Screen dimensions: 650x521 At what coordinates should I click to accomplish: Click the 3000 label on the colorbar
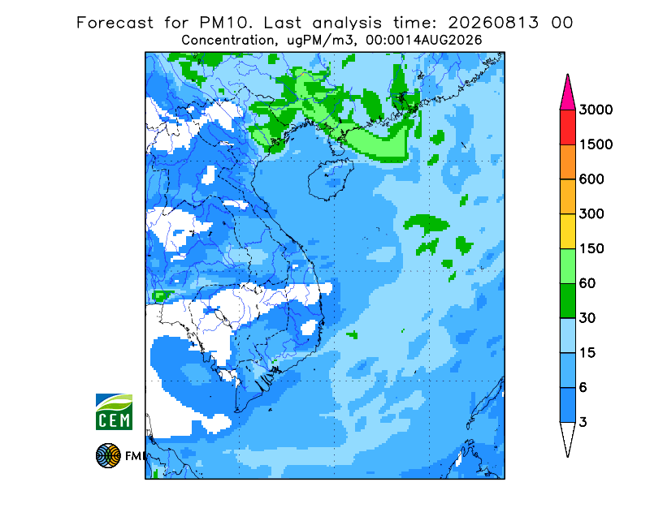tap(596, 110)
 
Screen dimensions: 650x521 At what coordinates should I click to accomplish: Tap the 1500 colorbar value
tap(596, 144)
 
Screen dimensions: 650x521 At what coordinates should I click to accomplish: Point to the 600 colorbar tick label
tap(591, 179)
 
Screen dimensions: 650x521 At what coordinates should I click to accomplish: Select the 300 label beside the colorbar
tap(591, 214)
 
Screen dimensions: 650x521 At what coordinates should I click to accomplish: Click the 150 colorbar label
tap(591, 249)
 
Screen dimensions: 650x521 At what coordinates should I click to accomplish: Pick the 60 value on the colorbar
tap(587, 284)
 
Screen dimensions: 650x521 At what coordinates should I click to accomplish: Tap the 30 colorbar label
tap(587, 318)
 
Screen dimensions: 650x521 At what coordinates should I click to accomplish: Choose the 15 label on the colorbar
tap(587, 353)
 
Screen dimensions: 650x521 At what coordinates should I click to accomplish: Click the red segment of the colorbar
tap(567, 127)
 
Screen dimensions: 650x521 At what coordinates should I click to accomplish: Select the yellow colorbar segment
tap(567, 231)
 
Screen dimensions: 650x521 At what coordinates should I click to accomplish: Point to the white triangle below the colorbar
tap(567, 437)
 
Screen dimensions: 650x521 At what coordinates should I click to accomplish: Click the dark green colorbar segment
tap(567, 301)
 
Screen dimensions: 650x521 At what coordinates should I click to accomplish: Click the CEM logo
tap(114, 411)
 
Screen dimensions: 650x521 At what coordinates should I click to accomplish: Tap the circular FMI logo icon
tap(108, 455)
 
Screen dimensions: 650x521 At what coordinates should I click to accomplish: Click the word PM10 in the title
tap(225, 23)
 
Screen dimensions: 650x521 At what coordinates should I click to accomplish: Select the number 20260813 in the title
tap(493, 23)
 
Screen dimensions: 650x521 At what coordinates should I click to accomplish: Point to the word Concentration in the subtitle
tap(228, 41)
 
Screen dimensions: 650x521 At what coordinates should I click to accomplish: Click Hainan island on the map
tap(331, 179)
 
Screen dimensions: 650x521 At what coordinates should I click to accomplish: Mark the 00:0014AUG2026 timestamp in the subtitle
tap(423, 41)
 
